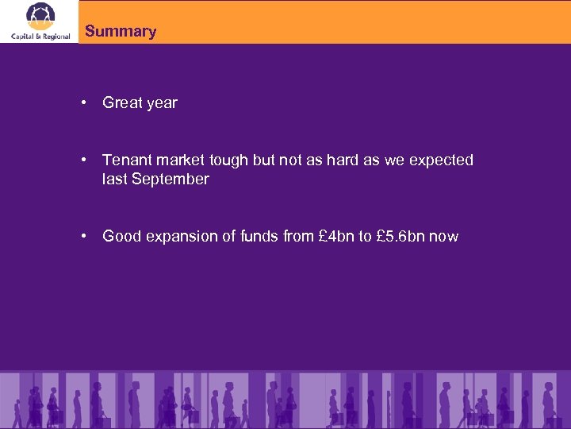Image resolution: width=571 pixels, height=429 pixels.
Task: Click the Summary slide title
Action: click(121, 32)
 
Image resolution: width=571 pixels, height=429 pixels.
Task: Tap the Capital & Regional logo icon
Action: click(40, 15)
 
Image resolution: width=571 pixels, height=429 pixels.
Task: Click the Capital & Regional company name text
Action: click(40, 36)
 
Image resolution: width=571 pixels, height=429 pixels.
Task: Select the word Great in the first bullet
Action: click(121, 102)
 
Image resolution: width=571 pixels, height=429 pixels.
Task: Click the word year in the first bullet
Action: click(161, 103)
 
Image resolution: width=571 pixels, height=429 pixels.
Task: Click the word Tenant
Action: click(127, 160)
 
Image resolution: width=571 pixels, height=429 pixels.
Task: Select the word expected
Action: click(441, 160)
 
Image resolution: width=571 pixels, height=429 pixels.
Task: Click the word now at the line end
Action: click(443, 237)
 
